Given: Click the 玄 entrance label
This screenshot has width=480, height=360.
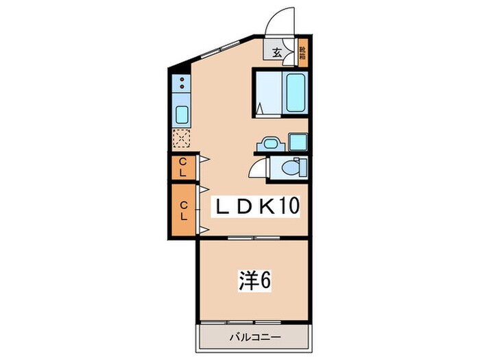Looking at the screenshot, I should click(x=277, y=52).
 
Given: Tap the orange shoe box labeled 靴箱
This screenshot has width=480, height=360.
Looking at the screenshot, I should click(x=302, y=53).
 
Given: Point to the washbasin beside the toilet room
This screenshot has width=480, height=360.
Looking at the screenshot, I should click(x=268, y=144).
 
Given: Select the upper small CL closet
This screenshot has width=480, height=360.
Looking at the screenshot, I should click(x=183, y=167).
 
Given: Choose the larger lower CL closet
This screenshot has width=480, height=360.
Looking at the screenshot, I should click(x=183, y=210).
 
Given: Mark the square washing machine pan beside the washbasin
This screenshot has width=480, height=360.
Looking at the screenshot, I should click(x=298, y=143).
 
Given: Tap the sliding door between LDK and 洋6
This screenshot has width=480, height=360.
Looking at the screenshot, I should click(x=254, y=237).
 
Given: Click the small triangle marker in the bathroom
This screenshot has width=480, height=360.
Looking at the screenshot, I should click(x=261, y=108).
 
